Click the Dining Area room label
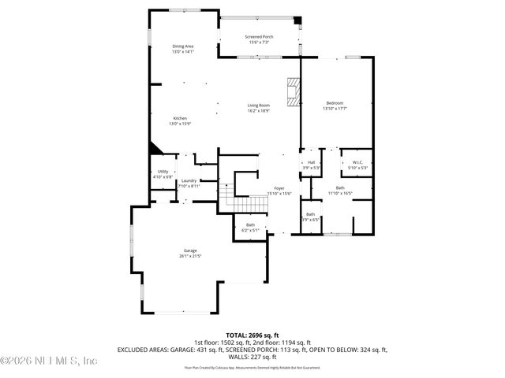[x=183, y=46]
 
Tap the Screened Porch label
[x=259, y=37]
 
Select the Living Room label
[x=259, y=106]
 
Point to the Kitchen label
[x=180, y=118]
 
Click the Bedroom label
[x=335, y=103]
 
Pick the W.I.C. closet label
[x=357, y=163]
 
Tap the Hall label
[x=312, y=163]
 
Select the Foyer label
[x=279, y=188]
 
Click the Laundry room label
[x=189, y=181]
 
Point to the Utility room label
[x=163, y=172]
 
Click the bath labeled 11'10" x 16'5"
[x=340, y=187]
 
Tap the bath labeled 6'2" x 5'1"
[x=250, y=226]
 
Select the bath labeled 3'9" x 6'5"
[x=311, y=215]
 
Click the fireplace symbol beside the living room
[x=294, y=91]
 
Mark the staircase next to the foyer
[x=245, y=203]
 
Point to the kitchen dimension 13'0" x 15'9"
[x=180, y=124]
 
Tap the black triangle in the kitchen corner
[x=153, y=149]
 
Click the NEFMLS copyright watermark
[x=49, y=361]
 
